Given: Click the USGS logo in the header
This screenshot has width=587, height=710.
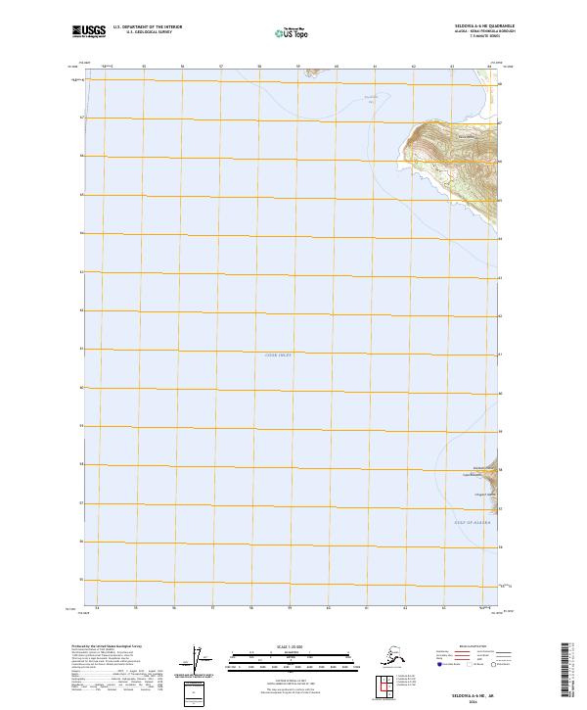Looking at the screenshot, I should [x=89, y=32].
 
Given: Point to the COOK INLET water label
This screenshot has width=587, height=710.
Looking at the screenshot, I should [x=279, y=355].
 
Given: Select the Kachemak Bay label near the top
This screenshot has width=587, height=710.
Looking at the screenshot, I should [x=370, y=98].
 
